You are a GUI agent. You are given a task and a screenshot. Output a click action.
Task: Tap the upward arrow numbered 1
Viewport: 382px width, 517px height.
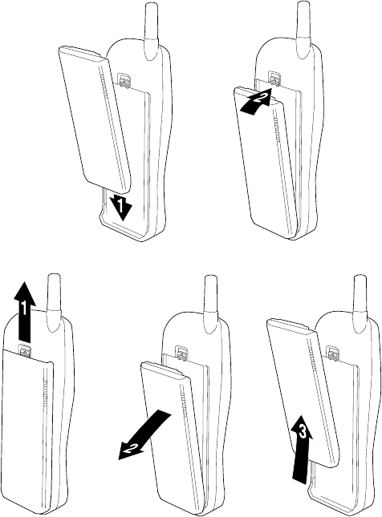[x=25, y=310]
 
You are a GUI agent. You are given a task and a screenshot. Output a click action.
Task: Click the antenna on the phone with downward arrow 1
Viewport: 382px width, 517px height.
[x=152, y=31]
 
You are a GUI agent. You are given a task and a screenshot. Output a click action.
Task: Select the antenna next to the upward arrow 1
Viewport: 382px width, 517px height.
[x=54, y=301]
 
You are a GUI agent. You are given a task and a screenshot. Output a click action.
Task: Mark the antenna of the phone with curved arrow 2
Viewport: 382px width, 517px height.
[x=303, y=30]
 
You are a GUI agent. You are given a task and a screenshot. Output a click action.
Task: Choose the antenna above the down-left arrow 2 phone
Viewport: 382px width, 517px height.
[x=211, y=304]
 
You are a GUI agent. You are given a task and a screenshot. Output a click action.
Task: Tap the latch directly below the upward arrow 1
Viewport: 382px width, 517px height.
[x=25, y=350]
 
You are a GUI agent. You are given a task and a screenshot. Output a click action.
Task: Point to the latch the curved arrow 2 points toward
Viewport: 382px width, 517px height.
[x=274, y=79]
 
